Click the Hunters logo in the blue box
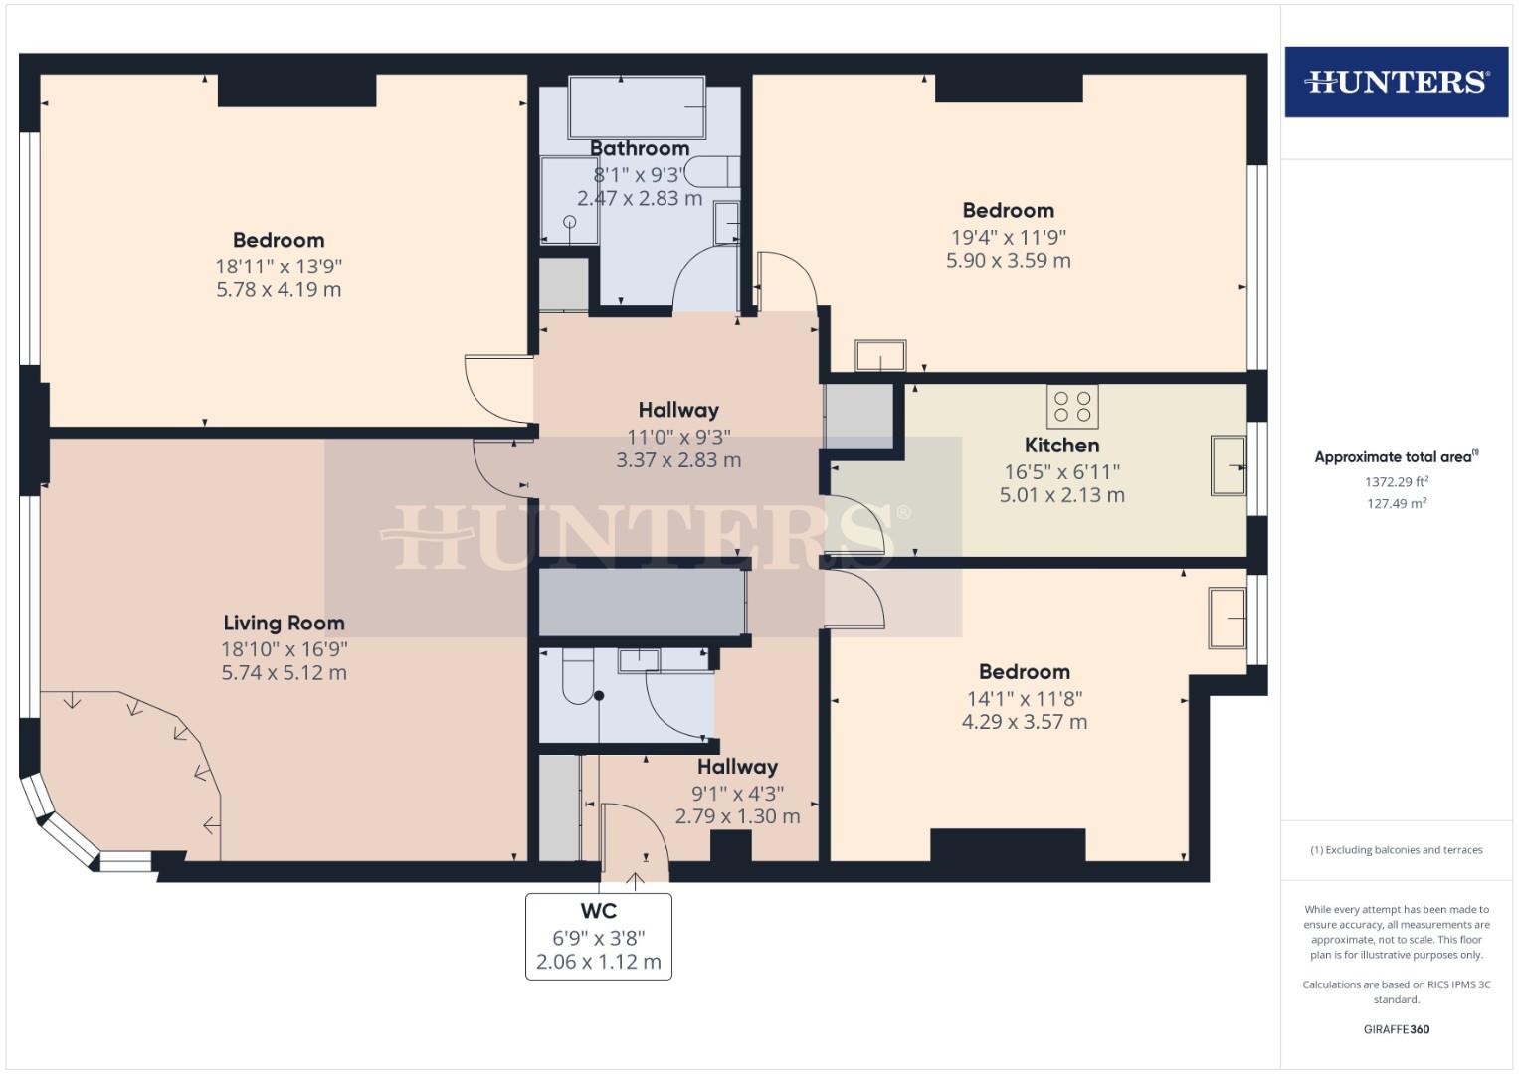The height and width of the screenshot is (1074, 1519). (x=1396, y=82)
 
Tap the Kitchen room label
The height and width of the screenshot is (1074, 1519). (x=1061, y=445)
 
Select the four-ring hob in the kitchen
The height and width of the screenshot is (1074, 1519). (x=1072, y=406)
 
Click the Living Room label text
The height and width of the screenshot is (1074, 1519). (x=284, y=623)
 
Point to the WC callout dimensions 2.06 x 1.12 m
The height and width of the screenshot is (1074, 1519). (x=598, y=962)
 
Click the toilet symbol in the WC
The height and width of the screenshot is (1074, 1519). (x=576, y=678)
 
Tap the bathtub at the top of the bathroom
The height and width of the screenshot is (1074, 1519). (x=637, y=107)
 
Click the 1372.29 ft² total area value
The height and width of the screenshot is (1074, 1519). (x=1397, y=481)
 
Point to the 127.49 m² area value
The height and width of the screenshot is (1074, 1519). (x=1397, y=503)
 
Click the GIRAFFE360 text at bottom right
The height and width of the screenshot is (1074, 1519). (x=1396, y=1029)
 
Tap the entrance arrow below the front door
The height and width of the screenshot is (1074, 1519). (x=637, y=878)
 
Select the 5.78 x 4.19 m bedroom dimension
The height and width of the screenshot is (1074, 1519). (x=279, y=290)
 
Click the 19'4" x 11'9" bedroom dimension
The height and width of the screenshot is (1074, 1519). (x=1008, y=237)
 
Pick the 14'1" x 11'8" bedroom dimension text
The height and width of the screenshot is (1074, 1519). (x=1024, y=698)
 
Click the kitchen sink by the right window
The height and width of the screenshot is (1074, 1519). (x=1228, y=465)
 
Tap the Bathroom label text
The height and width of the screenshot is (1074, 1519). (x=640, y=148)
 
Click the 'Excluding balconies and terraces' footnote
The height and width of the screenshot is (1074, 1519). (x=1396, y=850)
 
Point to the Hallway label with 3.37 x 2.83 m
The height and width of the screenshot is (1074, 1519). (x=677, y=410)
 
